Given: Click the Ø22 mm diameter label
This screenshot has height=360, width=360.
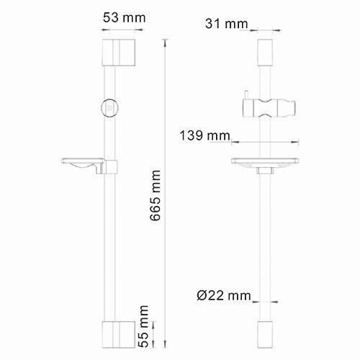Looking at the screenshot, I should (225, 294).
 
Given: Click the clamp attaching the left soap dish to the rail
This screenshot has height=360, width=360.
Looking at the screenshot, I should (110, 167).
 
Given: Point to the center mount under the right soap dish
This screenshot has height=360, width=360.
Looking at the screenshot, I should (264, 172).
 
